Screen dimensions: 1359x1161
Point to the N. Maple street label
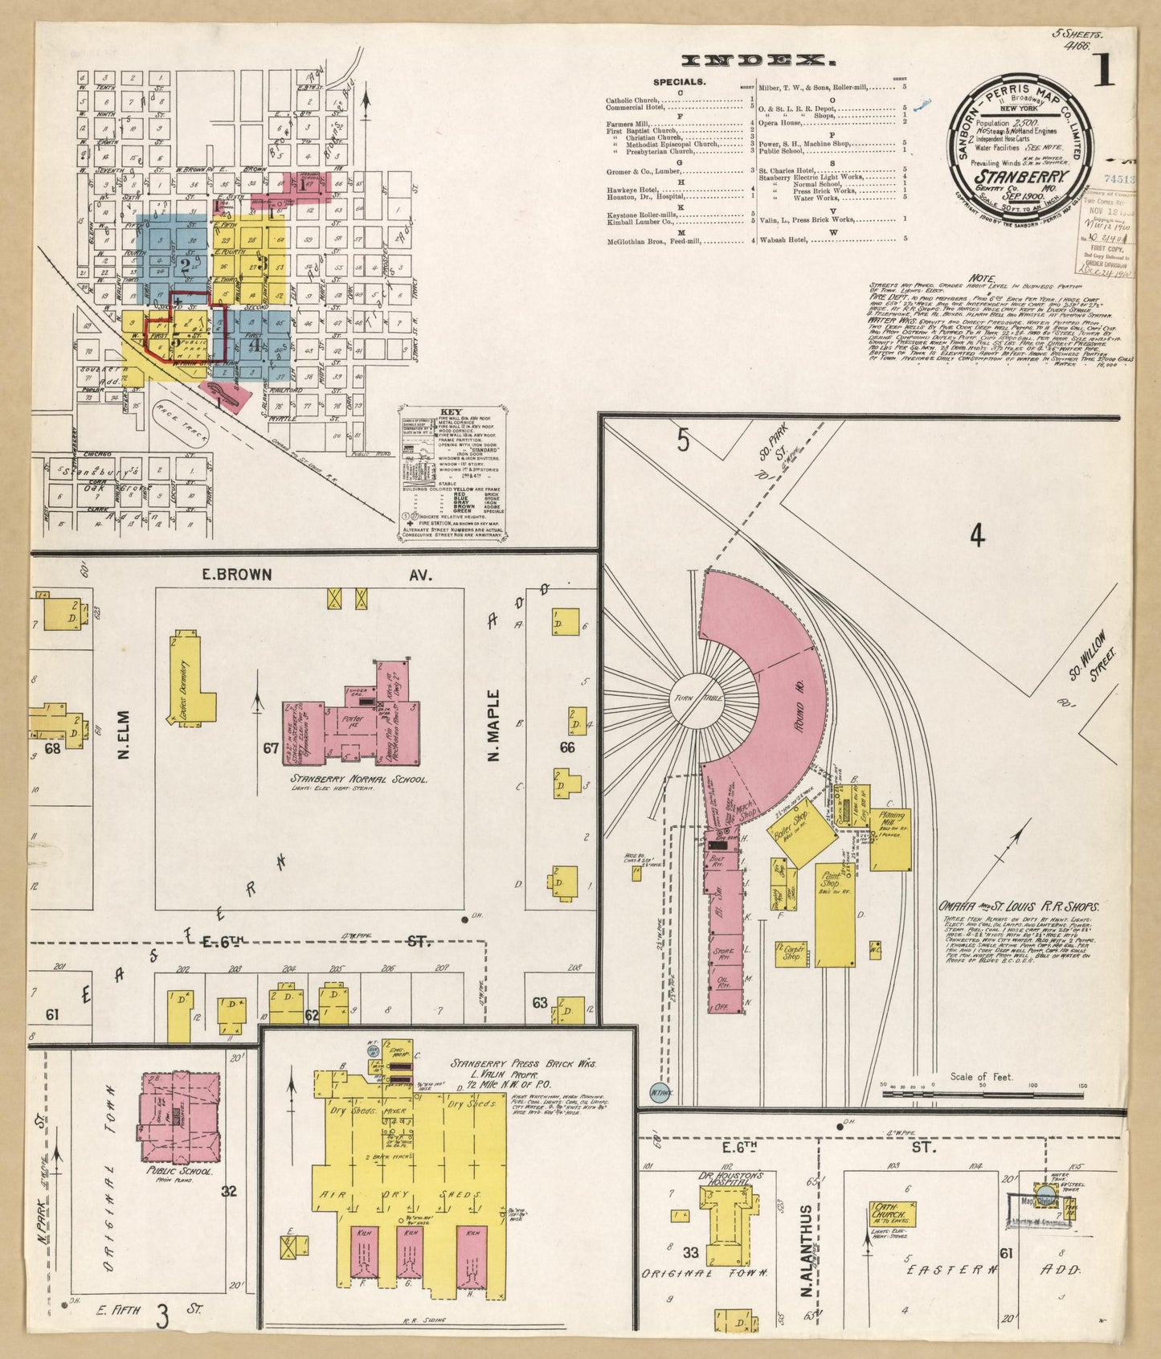[x=494, y=725]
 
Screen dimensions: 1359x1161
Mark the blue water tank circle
[x=660, y=1092]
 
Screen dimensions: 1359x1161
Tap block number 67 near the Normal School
[x=271, y=748]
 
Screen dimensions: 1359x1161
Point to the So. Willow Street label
[x=1094, y=655]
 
